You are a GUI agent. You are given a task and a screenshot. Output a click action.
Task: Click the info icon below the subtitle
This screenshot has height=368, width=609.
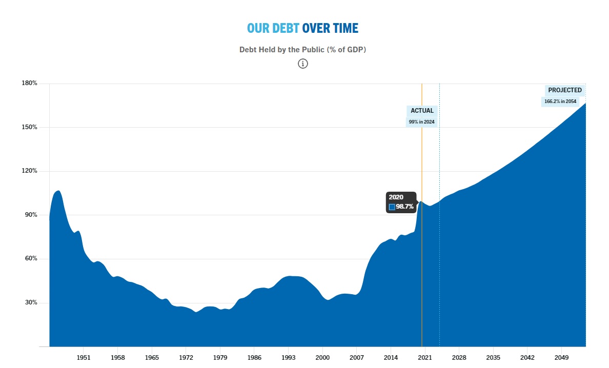tap(303, 64)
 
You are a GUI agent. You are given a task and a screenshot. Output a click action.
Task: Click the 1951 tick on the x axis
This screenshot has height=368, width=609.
tap(84, 357)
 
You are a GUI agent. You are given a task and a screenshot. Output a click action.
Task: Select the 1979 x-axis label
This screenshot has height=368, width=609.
tap(220, 357)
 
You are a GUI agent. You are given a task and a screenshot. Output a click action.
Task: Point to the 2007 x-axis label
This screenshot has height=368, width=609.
tap(356, 357)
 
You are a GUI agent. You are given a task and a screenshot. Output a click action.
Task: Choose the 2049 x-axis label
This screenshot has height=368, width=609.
tap(561, 357)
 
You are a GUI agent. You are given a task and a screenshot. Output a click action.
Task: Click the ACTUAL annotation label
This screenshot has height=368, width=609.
tap(422, 111)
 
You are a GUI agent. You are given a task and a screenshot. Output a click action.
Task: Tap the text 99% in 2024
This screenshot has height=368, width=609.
tap(422, 122)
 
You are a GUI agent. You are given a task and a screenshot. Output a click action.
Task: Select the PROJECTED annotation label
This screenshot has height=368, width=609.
tap(565, 90)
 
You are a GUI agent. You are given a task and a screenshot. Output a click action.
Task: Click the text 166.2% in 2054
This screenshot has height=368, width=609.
tap(560, 101)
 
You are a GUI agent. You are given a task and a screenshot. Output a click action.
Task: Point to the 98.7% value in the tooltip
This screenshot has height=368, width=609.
tap(404, 207)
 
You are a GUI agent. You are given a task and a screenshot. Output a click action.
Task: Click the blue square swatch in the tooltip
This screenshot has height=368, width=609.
tap(392, 207)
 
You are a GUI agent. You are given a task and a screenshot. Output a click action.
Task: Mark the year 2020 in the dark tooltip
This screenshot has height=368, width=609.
tap(396, 197)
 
